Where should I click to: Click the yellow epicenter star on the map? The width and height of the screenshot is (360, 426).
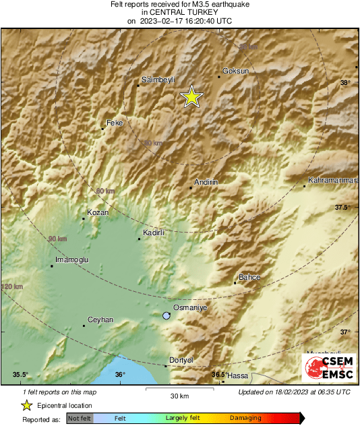[x=192, y=97]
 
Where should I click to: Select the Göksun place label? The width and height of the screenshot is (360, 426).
[x=236, y=71]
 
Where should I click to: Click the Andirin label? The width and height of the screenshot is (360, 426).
[x=205, y=182]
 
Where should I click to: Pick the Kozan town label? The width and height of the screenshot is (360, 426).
[x=98, y=212]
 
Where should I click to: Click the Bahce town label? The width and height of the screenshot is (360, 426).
[x=249, y=277]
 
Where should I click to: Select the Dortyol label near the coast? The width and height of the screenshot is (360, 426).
[x=181, y=360]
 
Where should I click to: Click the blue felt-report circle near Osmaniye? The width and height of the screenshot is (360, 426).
[x=167, y=315]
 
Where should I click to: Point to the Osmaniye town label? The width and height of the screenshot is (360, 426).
[x=189, y=307]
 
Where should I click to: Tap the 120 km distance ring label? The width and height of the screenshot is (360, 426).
[x=11, y=287]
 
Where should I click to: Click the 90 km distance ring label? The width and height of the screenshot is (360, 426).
[x=57, y=239]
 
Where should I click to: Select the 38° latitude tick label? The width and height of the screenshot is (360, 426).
[x=345, y=83]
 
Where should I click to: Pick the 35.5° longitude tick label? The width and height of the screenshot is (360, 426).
[x=20, y=375]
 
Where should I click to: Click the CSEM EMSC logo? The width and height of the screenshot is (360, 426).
[x=328, y=367]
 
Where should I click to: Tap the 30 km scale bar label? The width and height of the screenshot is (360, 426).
[x=179, y=395]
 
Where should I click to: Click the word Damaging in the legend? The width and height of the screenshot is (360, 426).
[x=245, y=419]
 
